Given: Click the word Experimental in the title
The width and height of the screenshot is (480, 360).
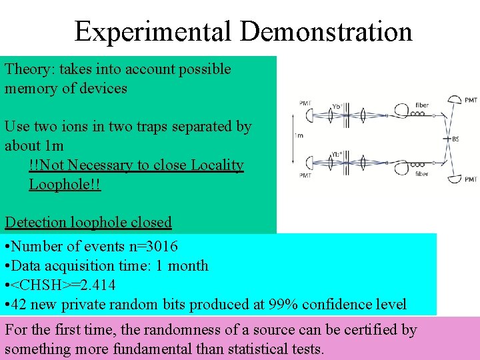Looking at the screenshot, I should pos(153,31).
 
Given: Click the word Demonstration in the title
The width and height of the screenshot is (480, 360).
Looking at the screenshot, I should pos(327,31).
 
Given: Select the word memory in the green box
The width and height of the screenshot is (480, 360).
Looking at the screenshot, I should pos(31,88).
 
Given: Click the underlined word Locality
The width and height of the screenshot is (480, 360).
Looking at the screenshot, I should pos(213,165).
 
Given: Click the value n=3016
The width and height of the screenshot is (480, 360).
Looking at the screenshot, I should pos(153,247).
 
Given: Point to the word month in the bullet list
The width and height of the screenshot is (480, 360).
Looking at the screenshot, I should pos(189,266).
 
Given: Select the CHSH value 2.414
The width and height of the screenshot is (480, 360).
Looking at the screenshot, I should pos(96,285).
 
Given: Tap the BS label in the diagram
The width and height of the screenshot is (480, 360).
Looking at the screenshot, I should pos(455,139).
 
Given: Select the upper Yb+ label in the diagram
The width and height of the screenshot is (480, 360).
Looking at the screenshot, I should pos(337,106).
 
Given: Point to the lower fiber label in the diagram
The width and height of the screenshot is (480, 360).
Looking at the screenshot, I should pos(421,174).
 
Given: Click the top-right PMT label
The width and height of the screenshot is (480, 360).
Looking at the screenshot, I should pos(471,100).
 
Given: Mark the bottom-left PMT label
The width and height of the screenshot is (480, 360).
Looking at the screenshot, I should pos(305,175).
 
